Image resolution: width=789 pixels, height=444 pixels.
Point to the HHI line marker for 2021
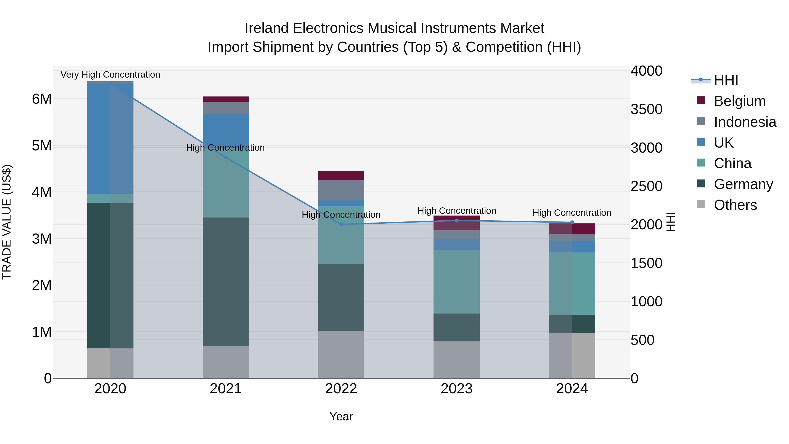click(x=226, y=157)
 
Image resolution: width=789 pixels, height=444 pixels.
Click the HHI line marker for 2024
click(x=572, y=223)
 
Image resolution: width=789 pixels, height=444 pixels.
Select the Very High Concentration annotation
click(x=110, y=75)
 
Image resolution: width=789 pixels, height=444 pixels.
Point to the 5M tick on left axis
click(x=42, y=146)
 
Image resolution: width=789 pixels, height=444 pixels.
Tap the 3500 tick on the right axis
click(x=646, y=109)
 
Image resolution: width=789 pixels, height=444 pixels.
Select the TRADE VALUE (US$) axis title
click(x=7, y=222)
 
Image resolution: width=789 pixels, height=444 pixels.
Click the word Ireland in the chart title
click(x=267, y=28)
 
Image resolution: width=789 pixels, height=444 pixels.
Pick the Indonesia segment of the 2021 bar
click(x=226, y=108)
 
